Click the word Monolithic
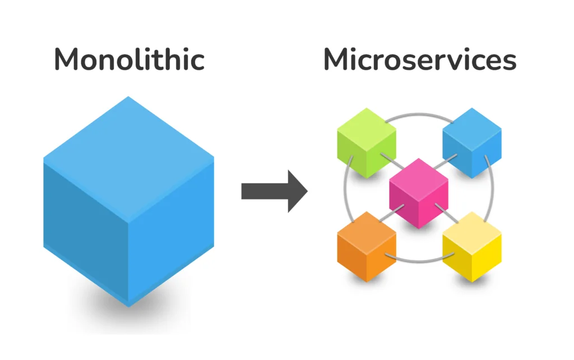(129, 59)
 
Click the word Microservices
(419, 59)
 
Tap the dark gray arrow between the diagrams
(274, 191)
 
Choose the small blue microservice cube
(472, 143)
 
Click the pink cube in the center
(419, 193)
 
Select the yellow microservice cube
(472, 247)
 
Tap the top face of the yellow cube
(472, 230)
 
